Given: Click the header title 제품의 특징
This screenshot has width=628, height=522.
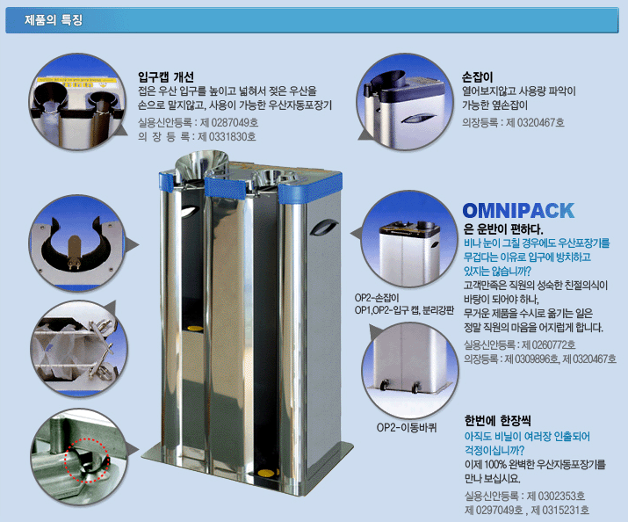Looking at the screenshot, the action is coord(54,19).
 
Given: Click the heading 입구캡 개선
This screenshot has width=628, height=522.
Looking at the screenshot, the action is coord(166,76).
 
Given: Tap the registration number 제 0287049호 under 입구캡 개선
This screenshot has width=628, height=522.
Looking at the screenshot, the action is coord(229,122).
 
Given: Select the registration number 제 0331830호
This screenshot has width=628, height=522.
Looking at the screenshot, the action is coord(227,136).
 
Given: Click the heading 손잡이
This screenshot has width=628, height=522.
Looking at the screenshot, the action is coord(477,76).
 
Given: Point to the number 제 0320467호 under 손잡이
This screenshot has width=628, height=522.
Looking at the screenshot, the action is coord(535,122).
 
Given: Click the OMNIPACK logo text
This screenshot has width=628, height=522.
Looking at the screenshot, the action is coord(518,211).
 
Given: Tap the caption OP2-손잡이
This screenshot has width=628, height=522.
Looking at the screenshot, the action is coord(377,298).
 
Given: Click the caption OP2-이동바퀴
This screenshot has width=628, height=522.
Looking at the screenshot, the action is coord(407,427).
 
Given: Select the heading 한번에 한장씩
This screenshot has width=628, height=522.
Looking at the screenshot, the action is coord(497,421).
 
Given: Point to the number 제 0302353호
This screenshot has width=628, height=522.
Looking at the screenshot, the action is coord(555,496).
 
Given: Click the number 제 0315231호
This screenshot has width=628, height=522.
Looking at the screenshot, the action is coord(559,510).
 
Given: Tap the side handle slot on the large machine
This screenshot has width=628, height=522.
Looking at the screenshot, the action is coord(323,227).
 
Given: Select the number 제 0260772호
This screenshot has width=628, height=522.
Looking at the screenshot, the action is coord(549,344).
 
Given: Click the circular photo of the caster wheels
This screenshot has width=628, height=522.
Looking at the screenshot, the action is coord(409,371).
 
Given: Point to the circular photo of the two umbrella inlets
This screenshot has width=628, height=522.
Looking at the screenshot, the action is coord(77,102).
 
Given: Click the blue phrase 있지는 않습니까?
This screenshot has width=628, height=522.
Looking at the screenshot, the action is coord(497,272).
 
